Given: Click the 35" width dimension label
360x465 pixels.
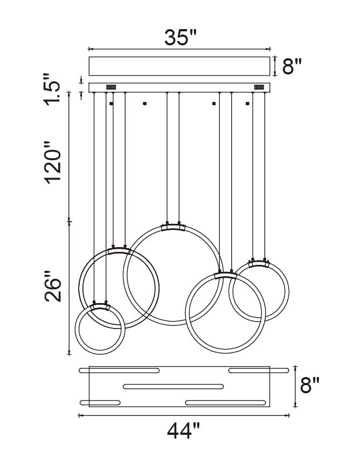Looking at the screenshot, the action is pos(181,37).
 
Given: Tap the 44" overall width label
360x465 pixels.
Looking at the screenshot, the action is pos(183,431).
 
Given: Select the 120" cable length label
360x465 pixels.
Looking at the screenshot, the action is pos(53,162).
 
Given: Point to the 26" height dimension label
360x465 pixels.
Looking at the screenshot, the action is pos(53,286).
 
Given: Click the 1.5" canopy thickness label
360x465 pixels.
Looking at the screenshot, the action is pos(52,89).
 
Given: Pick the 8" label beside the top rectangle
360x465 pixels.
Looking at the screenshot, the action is pos(292,66).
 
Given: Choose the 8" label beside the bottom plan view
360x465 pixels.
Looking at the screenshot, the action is pos(310,385).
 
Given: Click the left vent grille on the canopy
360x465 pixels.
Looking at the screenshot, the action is pos(111,87).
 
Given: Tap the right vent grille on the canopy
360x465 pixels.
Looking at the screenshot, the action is pos(259,87).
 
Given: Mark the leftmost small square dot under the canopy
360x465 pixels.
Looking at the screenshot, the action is pos(112,104).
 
